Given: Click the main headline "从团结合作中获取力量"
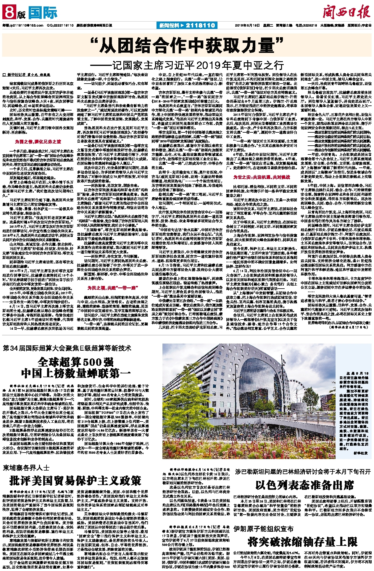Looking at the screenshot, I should (x=187, y=46).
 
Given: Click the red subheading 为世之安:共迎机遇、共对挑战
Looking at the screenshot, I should (x=262, y=177).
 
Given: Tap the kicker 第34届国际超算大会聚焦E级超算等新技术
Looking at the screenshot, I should (x=67, y=348).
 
